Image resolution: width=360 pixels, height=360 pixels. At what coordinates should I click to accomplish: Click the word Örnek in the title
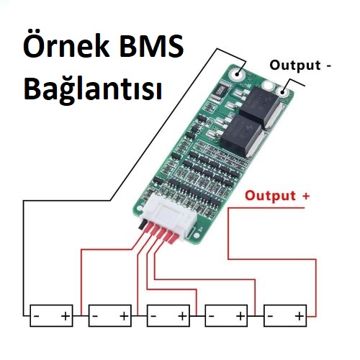click(66, 45)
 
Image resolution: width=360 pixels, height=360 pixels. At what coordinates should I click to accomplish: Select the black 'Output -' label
click(300, 66)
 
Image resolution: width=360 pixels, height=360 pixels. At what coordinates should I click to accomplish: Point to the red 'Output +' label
click(277, 196)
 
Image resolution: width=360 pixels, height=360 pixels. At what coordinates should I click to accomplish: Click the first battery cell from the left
click(51, 315)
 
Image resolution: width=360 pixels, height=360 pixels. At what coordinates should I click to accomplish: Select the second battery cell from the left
click(110, 315)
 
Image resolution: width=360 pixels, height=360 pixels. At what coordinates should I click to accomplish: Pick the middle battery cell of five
click(168, 315)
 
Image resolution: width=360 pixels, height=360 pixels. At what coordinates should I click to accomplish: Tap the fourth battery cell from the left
click(226, 315)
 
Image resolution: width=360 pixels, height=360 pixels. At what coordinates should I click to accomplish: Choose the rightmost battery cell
click(285, 315)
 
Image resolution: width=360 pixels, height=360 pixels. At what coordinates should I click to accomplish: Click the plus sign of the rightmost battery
click(300, 316)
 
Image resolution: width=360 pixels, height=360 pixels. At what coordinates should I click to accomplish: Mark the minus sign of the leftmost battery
click(37, 316)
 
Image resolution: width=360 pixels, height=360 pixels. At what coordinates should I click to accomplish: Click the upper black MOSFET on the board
click(260, 107)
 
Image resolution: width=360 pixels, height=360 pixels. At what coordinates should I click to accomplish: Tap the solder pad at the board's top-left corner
click(237, 73)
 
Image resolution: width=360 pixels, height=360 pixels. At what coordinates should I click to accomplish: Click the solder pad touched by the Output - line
click(283, 91)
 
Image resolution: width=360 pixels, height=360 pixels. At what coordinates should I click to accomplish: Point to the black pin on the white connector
click(141, 225)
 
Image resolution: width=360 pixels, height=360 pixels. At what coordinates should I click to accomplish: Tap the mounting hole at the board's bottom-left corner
click(140, 208)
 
